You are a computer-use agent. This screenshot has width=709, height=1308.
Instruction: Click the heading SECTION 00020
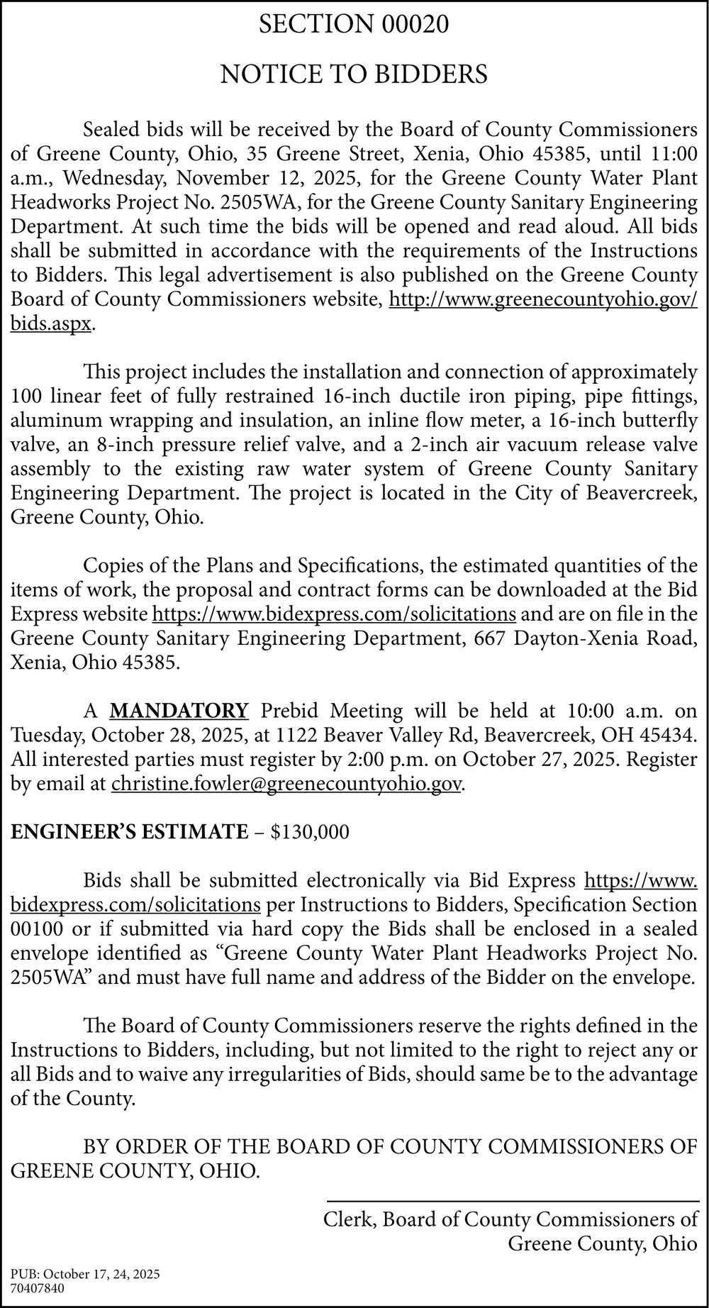pos(354,26)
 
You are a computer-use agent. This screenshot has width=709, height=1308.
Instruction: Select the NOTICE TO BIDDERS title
pos(354,74)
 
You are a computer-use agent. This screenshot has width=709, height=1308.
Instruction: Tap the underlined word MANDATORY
pos(179,710)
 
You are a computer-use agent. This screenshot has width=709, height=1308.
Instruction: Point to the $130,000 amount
pos(311,832)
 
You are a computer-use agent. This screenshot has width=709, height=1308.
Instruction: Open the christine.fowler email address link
pos(286,784)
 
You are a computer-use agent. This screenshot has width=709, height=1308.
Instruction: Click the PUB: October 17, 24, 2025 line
pos(86,1275)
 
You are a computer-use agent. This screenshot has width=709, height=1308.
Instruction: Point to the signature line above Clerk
pos(512,1200)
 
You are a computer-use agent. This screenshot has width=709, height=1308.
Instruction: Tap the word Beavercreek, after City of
pos(642,493)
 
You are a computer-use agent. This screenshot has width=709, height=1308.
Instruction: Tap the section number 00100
pos(35,929)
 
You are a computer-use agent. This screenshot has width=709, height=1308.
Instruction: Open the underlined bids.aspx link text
pos(51,323)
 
